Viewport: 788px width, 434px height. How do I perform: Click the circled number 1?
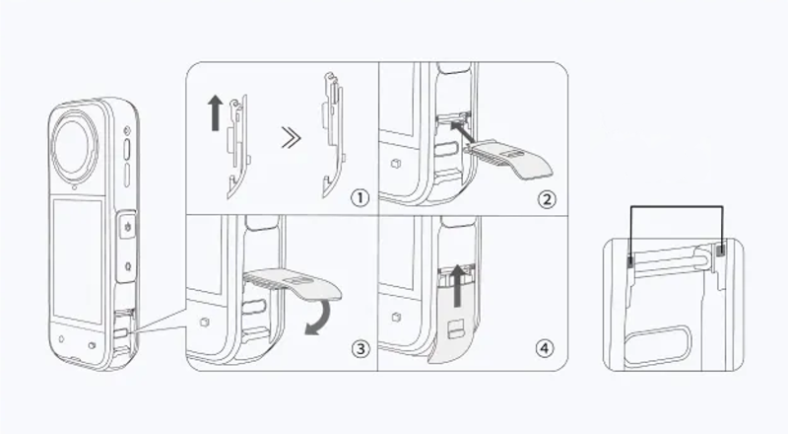point(360,198)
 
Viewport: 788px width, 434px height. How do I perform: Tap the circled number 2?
point(548,199)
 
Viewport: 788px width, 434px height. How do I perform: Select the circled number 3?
point(361,348)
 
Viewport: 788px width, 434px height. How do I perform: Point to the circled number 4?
point(545,348)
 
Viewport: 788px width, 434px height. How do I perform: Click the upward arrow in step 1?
point(215,113)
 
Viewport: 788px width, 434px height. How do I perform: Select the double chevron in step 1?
point(291,138)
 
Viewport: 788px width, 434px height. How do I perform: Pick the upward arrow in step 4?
point(457,286)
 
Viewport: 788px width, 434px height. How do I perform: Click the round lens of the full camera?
point(75,147)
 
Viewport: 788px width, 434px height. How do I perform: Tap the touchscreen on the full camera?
point(79,260)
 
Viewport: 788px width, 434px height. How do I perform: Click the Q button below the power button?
point(128,265)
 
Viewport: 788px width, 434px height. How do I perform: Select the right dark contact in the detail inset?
point(722,250)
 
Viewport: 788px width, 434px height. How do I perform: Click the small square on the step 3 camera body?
point(204,323)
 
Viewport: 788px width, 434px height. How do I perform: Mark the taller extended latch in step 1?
point(333,135)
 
